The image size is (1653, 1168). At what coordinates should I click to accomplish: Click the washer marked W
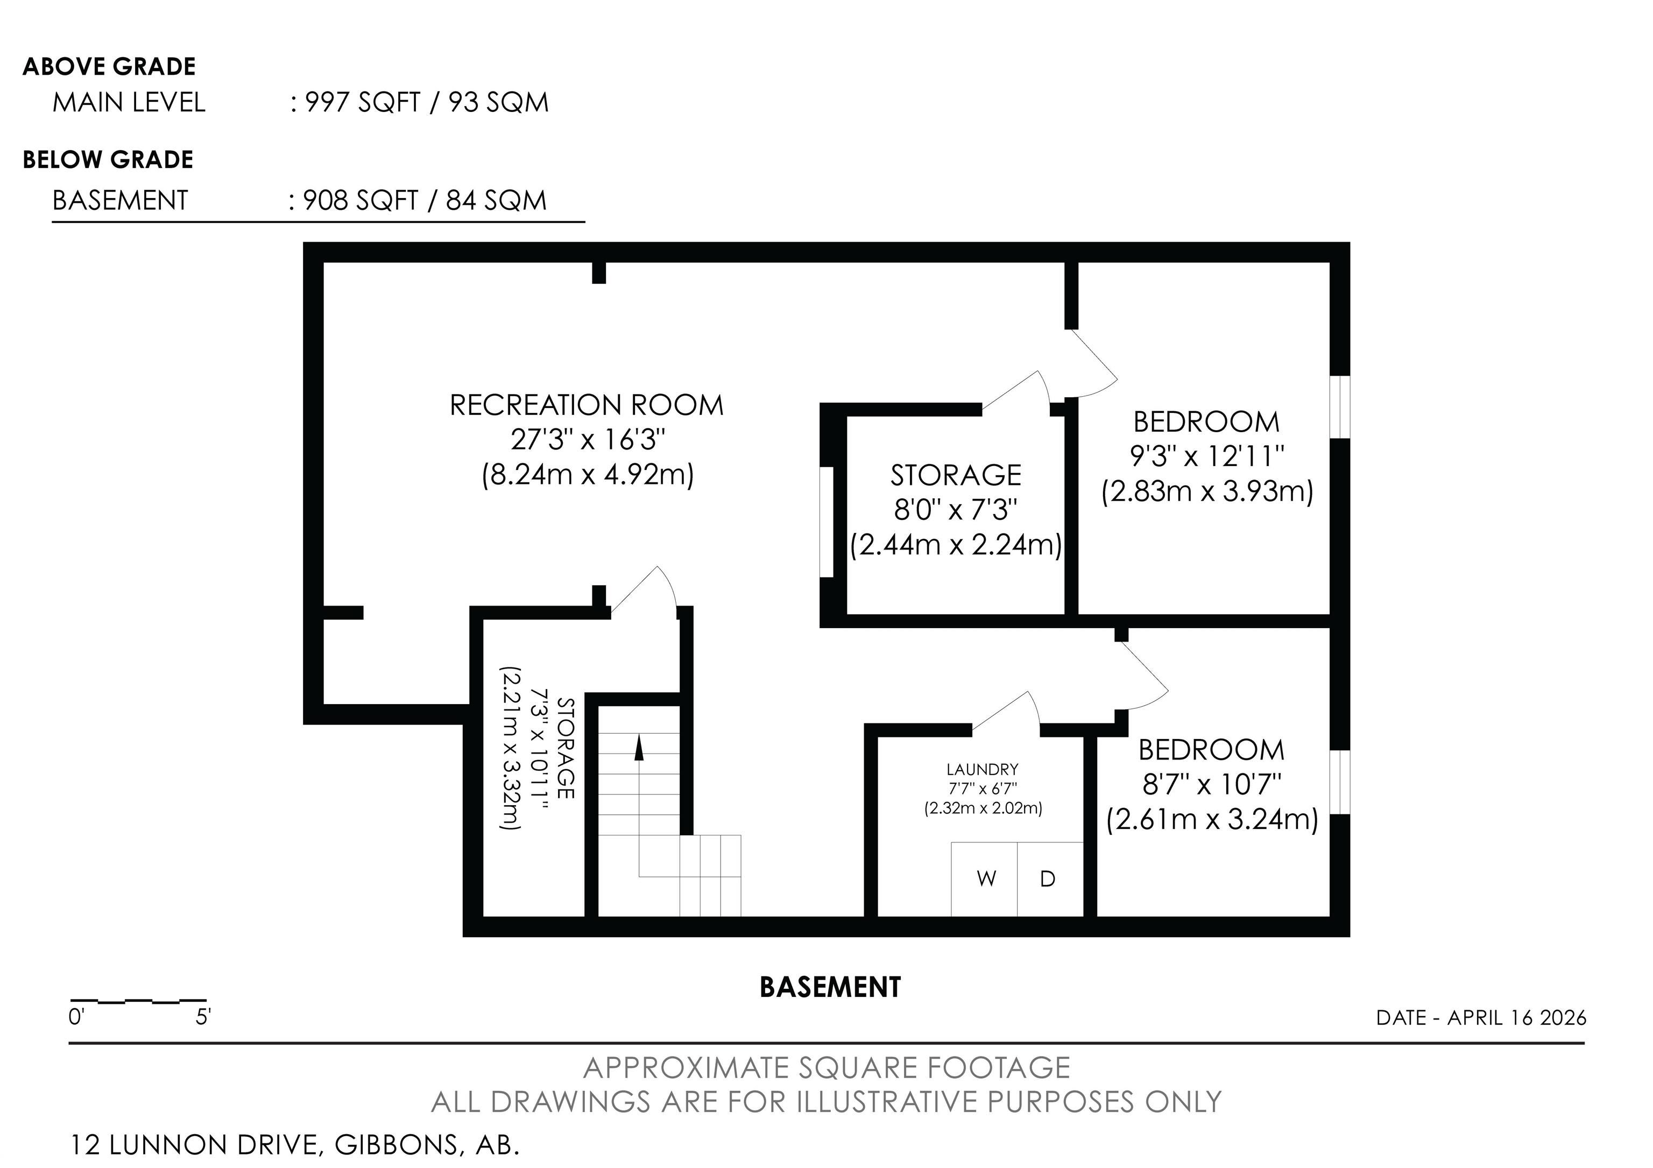pos(984,879)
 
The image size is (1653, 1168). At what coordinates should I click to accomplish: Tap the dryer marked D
pos(1050,879)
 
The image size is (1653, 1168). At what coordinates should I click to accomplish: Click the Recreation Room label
pos(587,405)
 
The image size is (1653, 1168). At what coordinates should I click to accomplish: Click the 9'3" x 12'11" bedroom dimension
pos(1207,456)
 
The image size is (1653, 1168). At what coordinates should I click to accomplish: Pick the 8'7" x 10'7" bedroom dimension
pos(1212,784)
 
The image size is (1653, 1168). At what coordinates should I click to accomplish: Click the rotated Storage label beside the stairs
pos(566,748)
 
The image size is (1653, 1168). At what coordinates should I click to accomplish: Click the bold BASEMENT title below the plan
pos(830,987)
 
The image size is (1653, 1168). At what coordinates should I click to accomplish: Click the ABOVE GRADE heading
pos(109,66)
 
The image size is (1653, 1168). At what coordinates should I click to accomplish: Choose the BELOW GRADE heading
pos(108,160)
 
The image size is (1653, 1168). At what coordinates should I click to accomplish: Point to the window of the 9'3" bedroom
pos(1340,407)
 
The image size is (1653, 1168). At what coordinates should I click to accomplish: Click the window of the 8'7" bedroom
pos(1340,782)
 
